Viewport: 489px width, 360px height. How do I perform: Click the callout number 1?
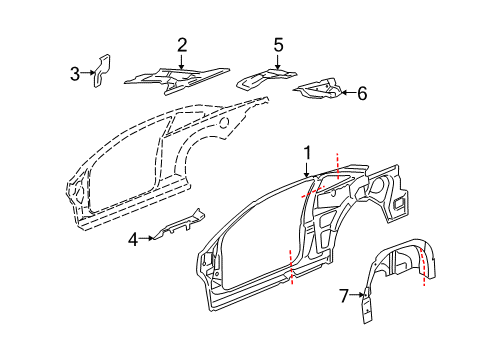click(x=308, y=153)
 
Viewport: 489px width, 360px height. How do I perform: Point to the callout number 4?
click(x=132, y=238)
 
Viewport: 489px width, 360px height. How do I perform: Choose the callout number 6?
click(x=361, y=93)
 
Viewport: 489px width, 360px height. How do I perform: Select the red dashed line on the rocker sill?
click(x=291, y=267)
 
